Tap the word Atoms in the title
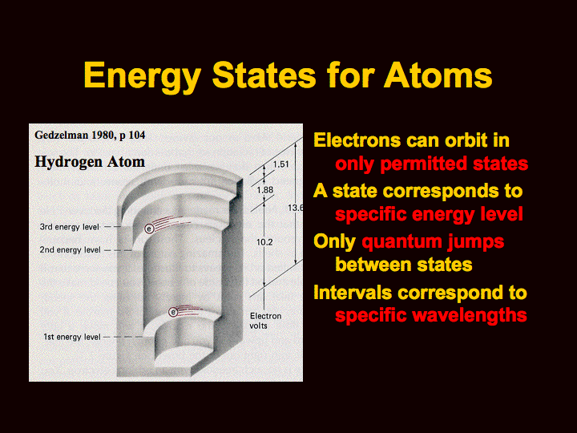coord(438,75)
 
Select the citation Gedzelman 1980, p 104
coord(90,136)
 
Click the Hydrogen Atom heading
coord(90,162)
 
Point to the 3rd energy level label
coord(70,227)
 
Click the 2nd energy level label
coord(70,250)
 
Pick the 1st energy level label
coord(72,337)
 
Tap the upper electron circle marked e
coord(149,229)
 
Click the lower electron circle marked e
coord(173,312)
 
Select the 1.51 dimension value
coord(280,164)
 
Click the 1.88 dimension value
coord(265,190)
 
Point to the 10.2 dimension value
coord(264,242)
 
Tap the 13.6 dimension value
coord(295,208)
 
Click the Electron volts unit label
coord(266,321)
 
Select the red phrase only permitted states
coord(432,164)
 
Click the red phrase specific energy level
coord(429,215)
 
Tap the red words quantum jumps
coord(433,243)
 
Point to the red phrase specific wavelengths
coord(431,316)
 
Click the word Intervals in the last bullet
coord(353,293)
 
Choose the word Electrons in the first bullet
coord(357,140)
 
